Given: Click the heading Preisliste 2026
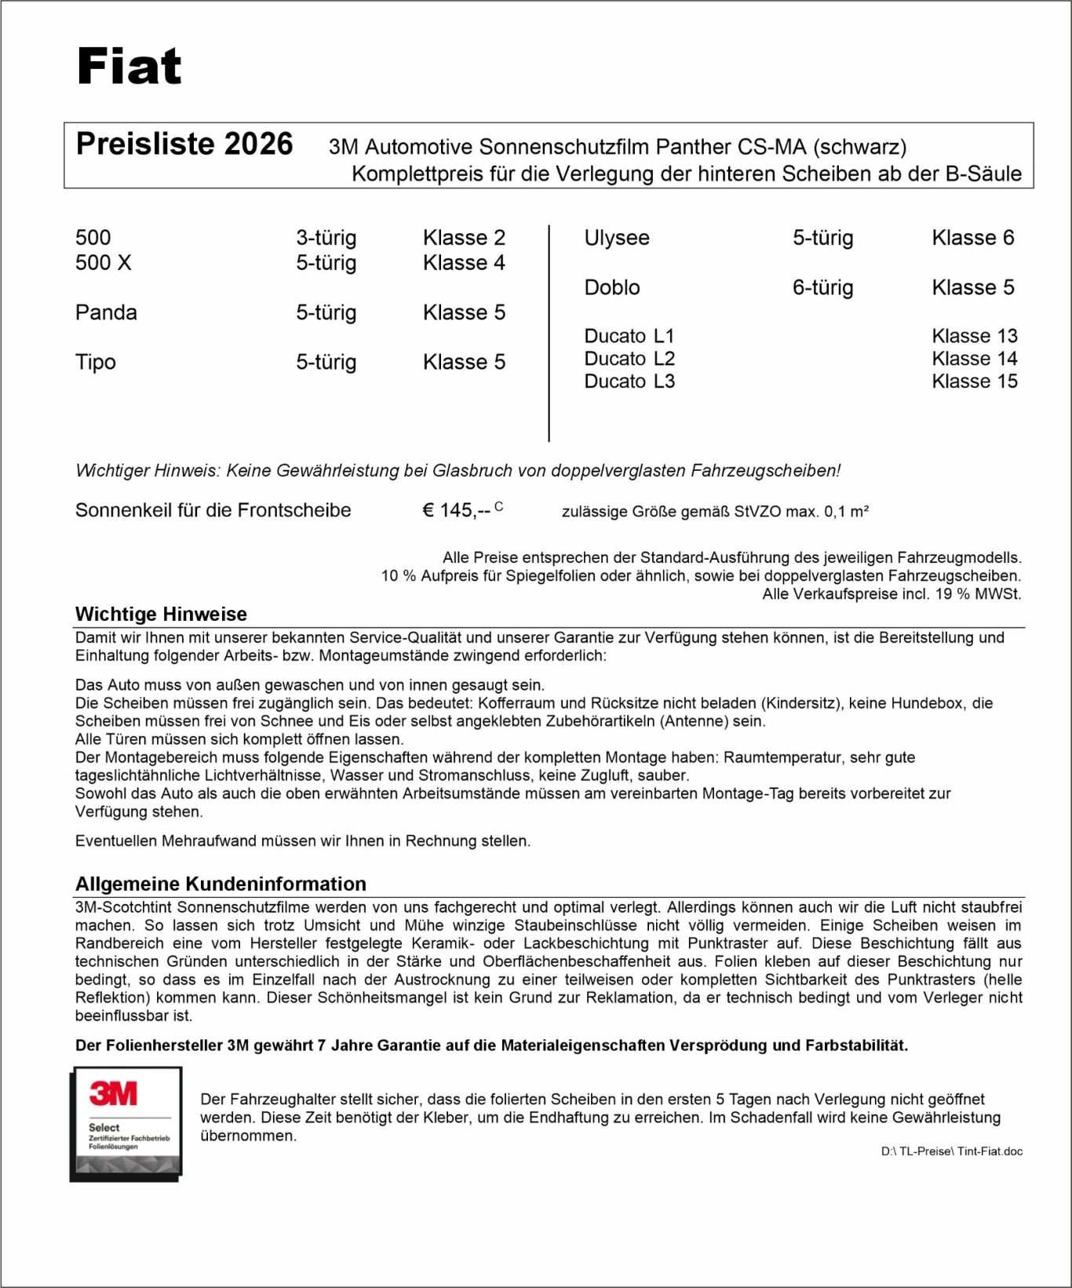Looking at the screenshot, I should (184, 144).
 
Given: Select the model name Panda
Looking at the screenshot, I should (106, 312).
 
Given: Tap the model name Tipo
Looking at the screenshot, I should (96, 362).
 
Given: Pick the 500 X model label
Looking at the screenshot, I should (104, 262).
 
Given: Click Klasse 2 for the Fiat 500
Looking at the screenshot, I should (464, 237).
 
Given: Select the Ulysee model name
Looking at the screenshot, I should (617, 237).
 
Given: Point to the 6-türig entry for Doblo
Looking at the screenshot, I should (822, 287).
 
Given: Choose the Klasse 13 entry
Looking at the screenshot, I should (975, 336).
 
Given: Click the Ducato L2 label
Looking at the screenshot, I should (629, 359).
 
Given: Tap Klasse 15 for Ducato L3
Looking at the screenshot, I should (975, 381).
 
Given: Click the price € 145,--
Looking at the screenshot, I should (457, 510).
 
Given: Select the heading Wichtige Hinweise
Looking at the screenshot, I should (161, 614).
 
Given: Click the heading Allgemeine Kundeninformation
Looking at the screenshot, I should (221, 884).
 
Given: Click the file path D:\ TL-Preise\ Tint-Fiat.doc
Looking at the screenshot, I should (951, 1151).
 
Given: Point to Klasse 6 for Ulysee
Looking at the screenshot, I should (973, 237).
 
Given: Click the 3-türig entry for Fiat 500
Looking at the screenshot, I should (326, 237).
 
